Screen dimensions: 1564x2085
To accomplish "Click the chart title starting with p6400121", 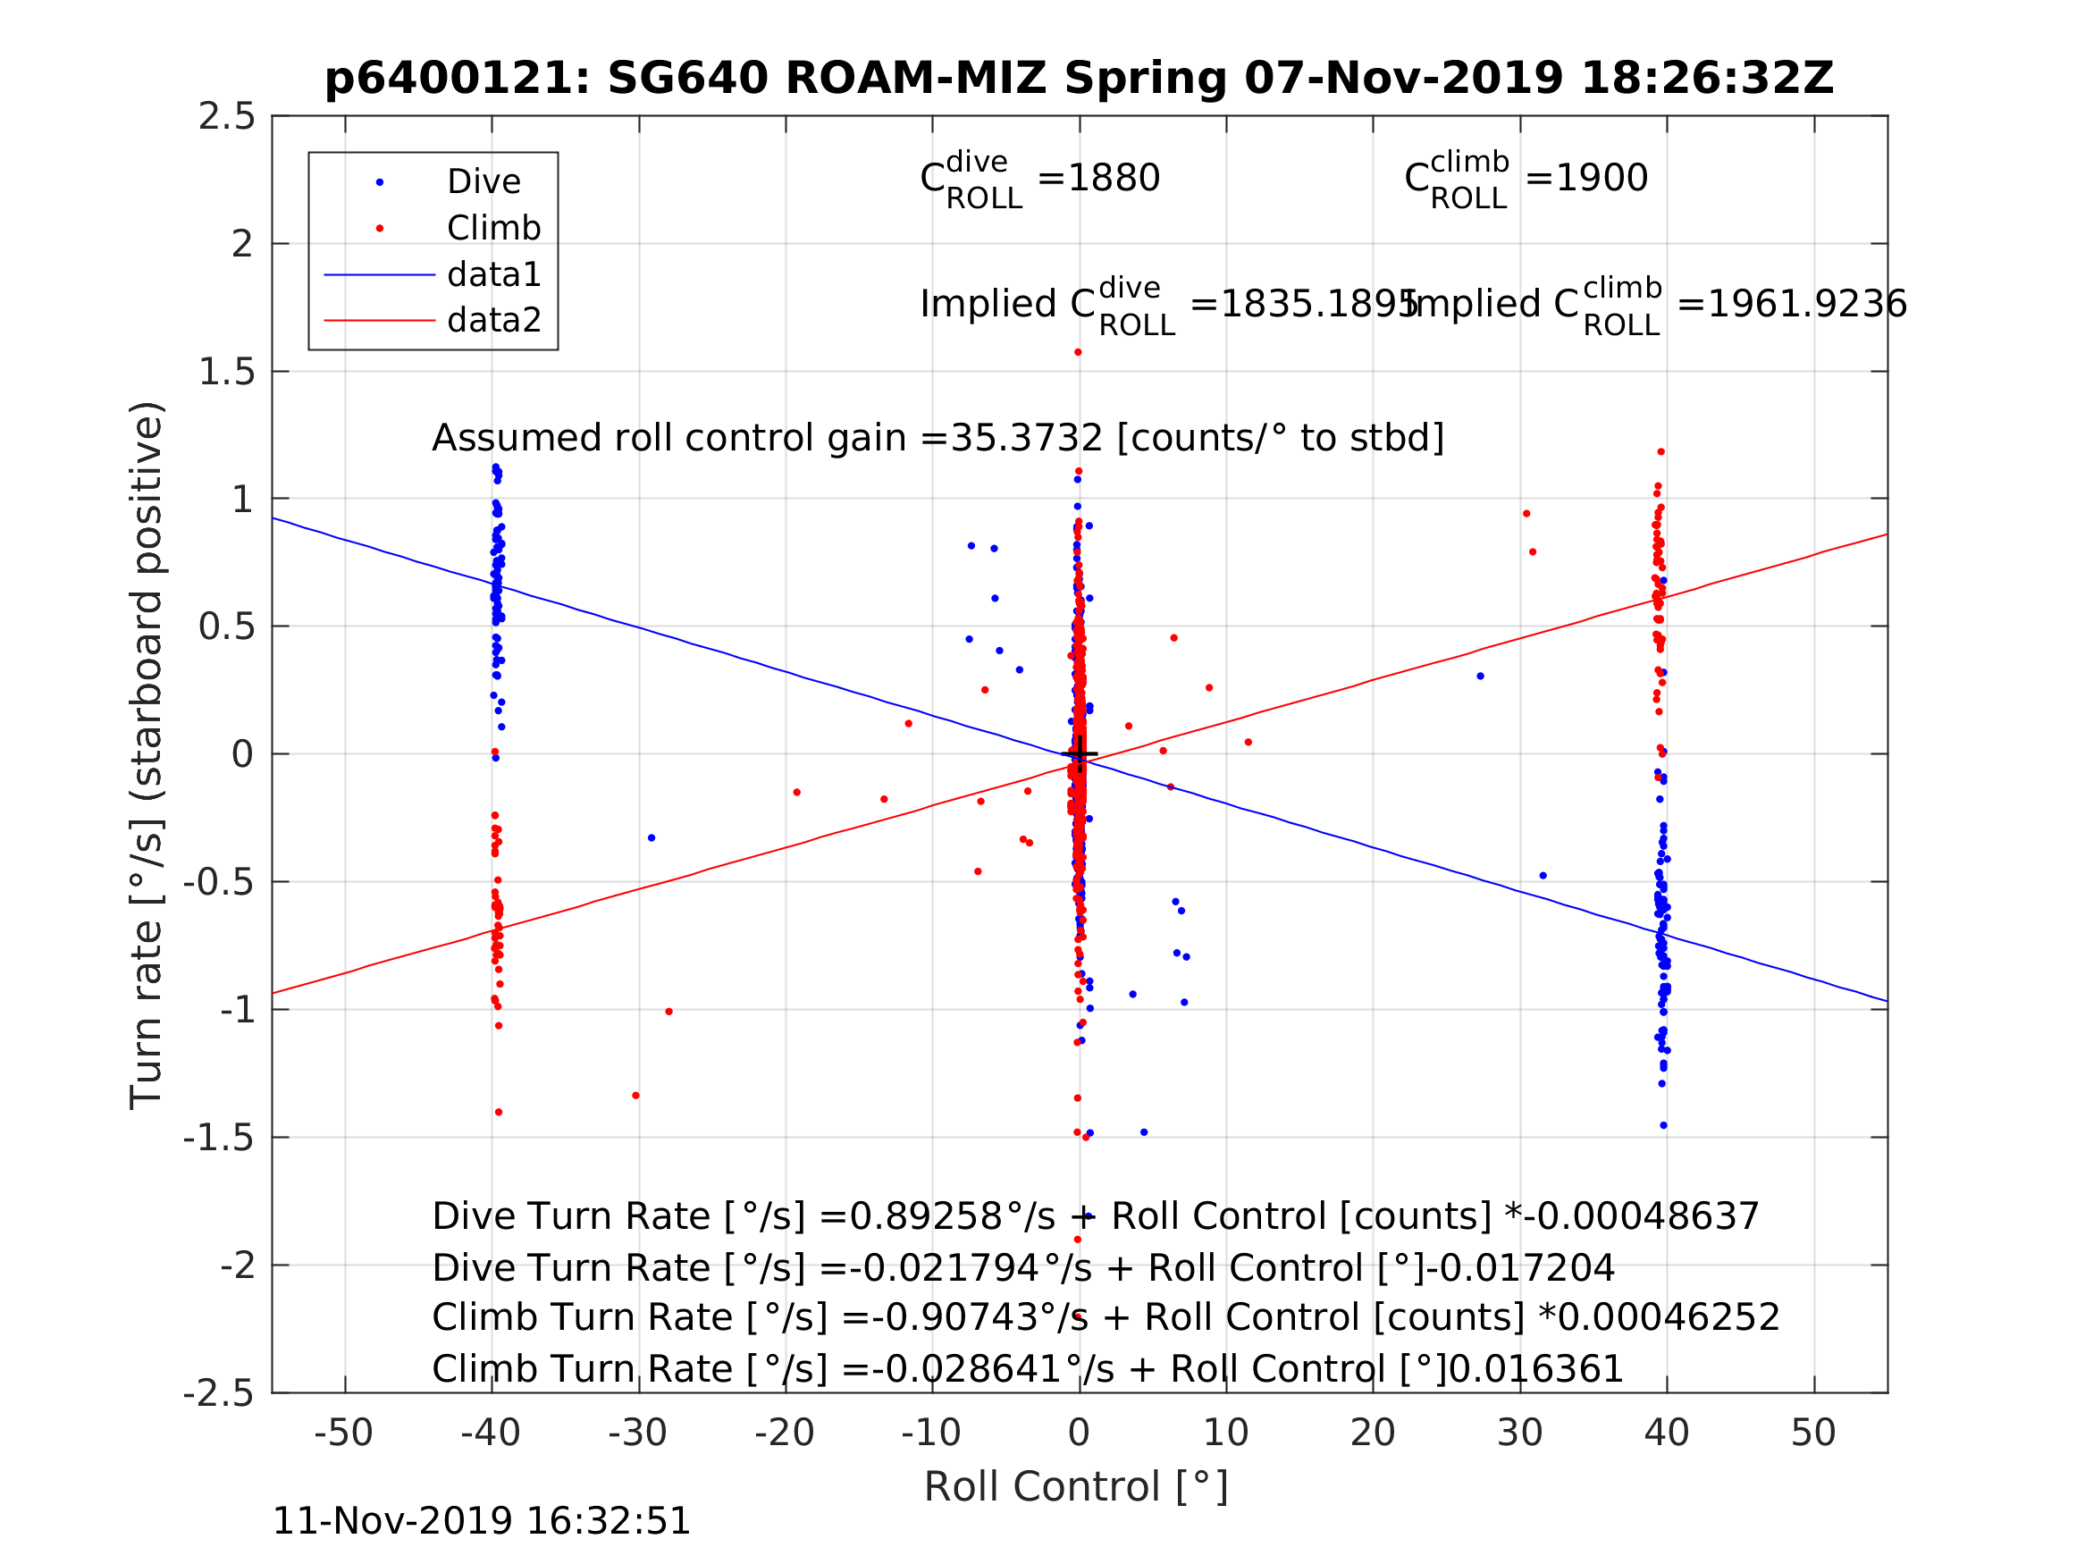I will coord(1079,79).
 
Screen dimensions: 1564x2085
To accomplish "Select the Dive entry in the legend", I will coord(483,182).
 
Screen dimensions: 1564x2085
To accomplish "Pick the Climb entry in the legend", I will coord(493,228).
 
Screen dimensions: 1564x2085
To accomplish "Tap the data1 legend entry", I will coord(493,274).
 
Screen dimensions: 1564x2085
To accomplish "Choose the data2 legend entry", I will coord(493,321).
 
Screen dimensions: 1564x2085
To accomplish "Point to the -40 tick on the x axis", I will coord(490,1433).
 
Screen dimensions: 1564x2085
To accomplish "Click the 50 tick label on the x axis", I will coord(1812,1433).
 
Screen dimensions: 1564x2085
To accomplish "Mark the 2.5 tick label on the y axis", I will coord(226,117).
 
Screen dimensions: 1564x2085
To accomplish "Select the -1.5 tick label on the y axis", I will coord(219,1138).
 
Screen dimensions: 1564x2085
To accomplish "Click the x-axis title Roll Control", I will coord(1075,1488).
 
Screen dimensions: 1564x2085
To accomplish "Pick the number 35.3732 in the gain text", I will coord(1026,439).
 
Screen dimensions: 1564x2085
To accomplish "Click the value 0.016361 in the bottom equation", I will coord(1535,1370).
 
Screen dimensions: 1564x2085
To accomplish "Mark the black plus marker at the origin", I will coord(1080,754).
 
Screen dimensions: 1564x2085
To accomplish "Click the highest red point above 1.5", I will coord(1078,353).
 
